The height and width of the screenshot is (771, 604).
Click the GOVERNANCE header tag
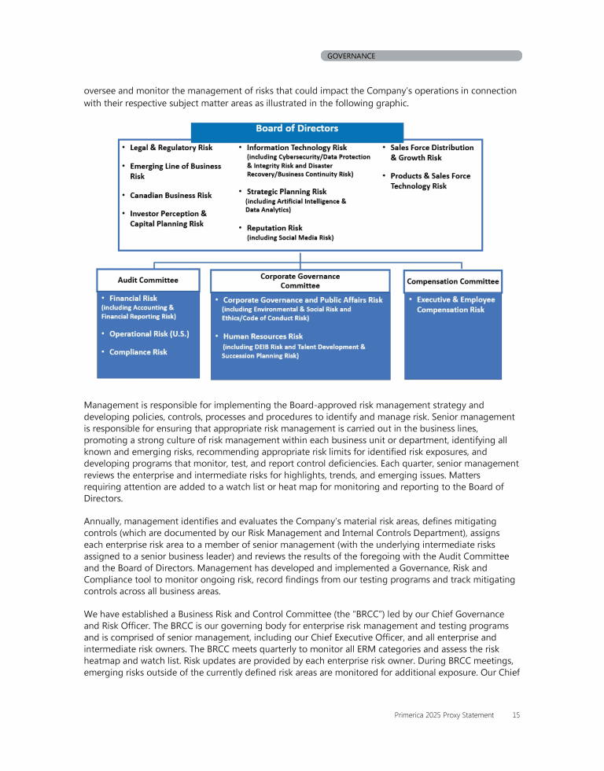click(x=351, y=56)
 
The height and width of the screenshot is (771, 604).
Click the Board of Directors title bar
click(x=297, y=129)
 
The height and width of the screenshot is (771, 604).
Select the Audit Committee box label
click(x=148, y=280)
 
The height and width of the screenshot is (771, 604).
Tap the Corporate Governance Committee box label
click(x=300, y=281)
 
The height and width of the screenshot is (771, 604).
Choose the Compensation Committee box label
click(x=452, y=281)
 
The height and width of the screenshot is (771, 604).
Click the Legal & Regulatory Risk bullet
click(x=171, y=148)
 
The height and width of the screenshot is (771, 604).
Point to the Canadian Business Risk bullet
click(x=171, y=195)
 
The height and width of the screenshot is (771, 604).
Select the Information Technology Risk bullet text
click(x=296, y=148)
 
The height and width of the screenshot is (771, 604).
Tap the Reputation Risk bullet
click(x=274, y=228)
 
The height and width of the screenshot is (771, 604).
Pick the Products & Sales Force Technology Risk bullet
click(x=430, y=181)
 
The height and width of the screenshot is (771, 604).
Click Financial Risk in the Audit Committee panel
click(x=133, y=299)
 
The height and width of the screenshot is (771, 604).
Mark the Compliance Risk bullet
click(x=138, y=352)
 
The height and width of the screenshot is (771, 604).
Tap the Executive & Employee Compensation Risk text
click(x=455, y=305)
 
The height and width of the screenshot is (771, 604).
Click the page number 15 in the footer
click(x=516, y=715)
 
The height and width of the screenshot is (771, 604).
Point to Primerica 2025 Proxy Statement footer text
click(x=444, y=715)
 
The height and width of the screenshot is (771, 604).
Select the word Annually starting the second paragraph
click(x=102, y=521)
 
